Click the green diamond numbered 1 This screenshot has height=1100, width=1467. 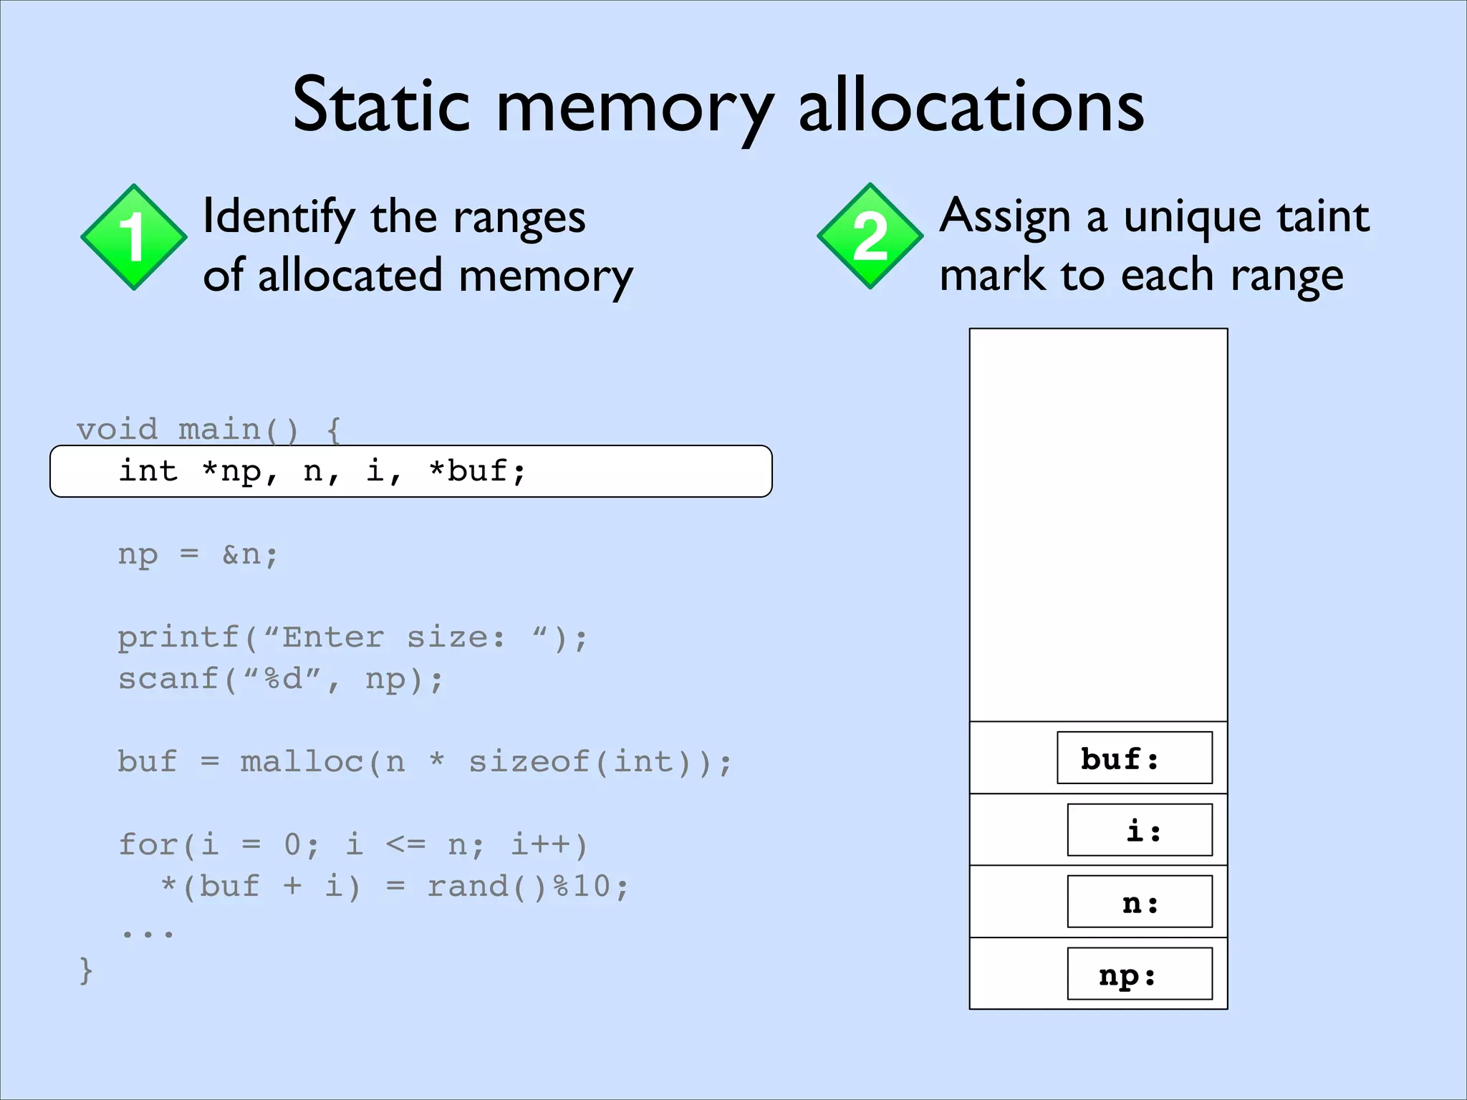(x=134, y=237)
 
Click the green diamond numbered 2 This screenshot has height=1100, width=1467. (x=870, y=236)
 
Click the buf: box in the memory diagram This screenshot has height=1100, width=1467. (x=1134, y=758)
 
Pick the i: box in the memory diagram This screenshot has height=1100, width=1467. (x=1140, y=830)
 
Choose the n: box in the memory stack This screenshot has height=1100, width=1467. (x=1140, y=902)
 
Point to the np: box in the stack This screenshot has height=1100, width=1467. (x=1140, y=974)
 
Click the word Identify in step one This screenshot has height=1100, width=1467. (x=279, y=217)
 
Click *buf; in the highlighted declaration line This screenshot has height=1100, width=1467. (x=477, y=471)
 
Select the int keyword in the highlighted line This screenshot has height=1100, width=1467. (x=148, y=471)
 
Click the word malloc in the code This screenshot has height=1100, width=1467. (x=302, y=762)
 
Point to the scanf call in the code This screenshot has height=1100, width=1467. (x=168, y=679)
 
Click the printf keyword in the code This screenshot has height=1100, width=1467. (x=178, y=637)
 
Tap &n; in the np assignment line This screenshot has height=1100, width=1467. (x=249, y=554)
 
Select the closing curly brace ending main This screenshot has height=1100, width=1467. (x=86, y=971)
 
